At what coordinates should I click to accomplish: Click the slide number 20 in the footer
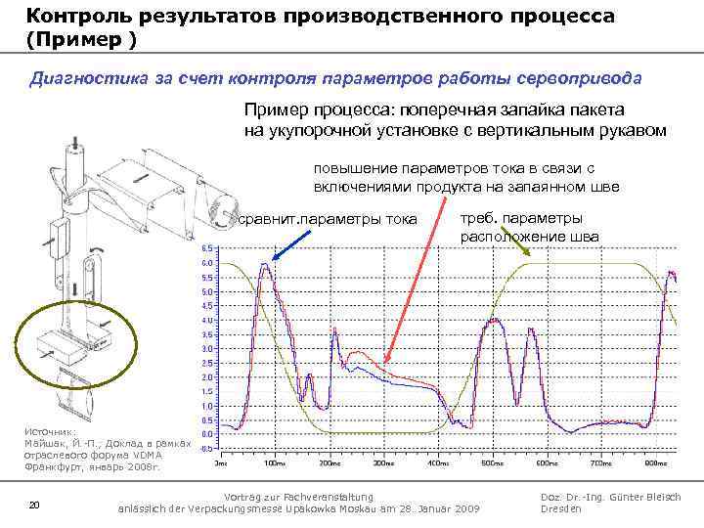[x=34, y=504]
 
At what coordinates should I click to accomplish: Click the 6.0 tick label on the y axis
[x=207, y=264]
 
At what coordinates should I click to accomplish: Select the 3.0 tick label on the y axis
[x=207, y=349]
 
